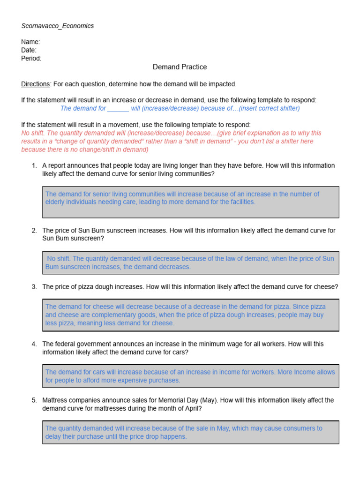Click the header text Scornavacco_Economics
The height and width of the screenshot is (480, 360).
tap(57, 26)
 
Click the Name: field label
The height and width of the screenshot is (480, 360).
tap(30, 42)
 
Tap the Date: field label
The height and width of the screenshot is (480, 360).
tap(29, 50)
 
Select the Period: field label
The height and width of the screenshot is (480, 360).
tap(31, 59)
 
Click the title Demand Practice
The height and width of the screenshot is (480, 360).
tap(180, 67)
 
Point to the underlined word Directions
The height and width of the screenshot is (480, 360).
tap(36, 84)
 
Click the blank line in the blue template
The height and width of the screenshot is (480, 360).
tap(118, 108)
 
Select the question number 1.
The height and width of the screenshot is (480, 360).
tap(34, 165)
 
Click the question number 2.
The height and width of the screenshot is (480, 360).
tap(34, 230)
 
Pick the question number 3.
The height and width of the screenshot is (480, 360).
tap(34, 286)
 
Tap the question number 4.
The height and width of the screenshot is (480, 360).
tap(34, 344)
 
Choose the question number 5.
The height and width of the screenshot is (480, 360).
tap(34, 400)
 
